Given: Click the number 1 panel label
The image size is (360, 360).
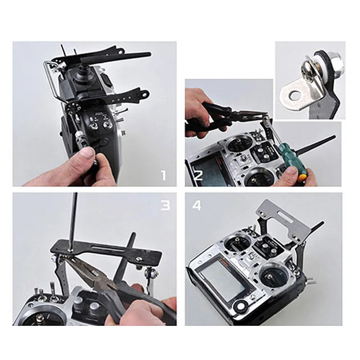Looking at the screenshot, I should [x=163, y=175].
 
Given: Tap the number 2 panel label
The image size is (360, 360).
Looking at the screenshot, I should [x=198, y=175].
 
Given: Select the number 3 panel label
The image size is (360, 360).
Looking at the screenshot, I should [x=165, y=205].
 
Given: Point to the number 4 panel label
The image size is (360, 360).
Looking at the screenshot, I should [x=198, y=206].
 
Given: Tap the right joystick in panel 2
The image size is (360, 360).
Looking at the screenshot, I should [x=256, y=175].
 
